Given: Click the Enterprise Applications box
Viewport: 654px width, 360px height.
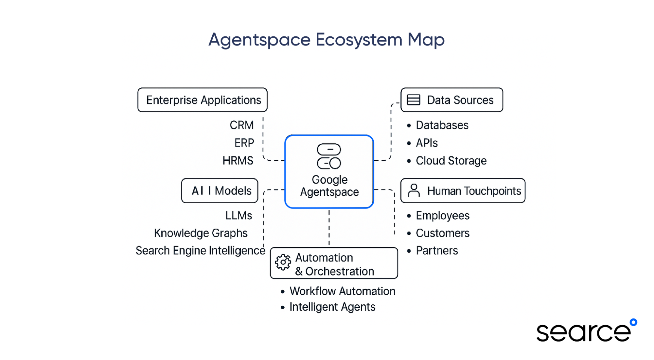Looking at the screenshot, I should pos(203,100).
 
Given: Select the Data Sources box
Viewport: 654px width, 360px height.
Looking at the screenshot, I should pos(451,100).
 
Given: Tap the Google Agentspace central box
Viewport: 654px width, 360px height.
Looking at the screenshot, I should pos(329,171).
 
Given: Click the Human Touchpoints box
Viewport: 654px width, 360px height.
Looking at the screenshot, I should pos(463,191).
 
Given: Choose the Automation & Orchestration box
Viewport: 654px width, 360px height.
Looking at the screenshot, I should pos(334,263).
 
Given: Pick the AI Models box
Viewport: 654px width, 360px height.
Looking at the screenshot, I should pos(220,191).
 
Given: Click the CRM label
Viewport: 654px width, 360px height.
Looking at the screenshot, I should pos(241,125).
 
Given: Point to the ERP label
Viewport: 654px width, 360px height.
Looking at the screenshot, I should pos(244,143).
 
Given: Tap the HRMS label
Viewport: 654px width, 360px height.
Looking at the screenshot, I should pos(238,161).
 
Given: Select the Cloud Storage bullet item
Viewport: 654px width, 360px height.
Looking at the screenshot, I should pos(451,161).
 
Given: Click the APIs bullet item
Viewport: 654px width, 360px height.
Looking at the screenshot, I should pos(427,143).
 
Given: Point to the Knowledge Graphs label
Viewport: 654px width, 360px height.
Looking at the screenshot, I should pos(201,233).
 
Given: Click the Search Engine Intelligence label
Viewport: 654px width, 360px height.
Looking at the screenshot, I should pos(200,251).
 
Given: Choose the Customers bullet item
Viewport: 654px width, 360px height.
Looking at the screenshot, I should pos(442,233).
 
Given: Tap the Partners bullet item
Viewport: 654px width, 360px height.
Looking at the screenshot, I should pos(437,251).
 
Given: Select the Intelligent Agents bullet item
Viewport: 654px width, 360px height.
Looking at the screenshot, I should pos(332,307).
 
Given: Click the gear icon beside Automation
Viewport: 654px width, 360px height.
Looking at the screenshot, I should pos(283,262).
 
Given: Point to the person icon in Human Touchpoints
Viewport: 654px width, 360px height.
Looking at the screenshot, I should pos(414,190).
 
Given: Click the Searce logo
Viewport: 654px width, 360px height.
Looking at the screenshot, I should pos(586,331).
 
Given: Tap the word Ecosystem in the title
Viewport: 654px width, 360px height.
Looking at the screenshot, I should pos(359,40).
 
